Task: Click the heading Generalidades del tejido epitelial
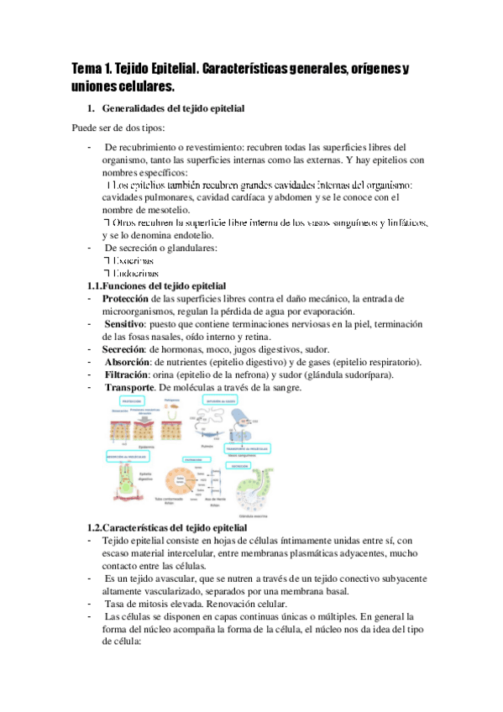173,108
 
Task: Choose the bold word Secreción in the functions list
123,349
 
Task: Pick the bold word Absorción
129,362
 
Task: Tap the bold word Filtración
128,374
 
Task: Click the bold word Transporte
129,387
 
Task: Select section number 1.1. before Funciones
95,286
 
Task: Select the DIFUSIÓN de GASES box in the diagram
220,402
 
